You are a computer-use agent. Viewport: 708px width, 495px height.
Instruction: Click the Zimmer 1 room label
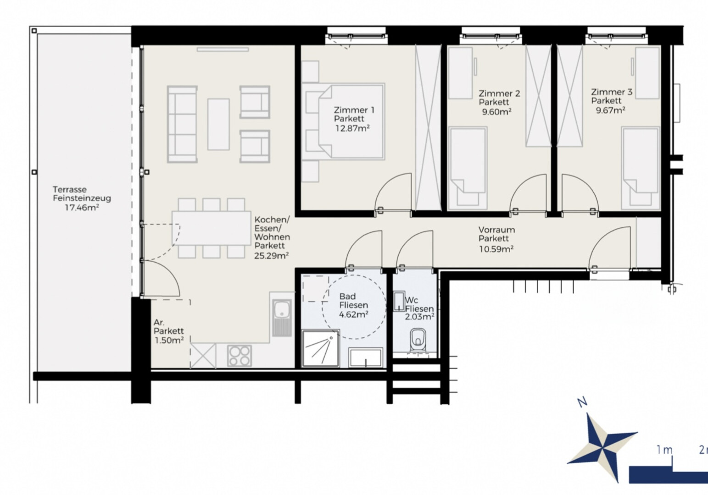[354, 110]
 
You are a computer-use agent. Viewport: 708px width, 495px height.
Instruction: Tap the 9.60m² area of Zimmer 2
[496, 112]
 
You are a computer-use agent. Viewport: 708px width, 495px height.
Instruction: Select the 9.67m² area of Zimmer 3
[610, 110]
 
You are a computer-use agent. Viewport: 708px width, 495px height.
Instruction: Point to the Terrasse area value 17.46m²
[82, 208]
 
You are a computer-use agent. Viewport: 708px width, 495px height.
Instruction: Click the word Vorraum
[496, 230]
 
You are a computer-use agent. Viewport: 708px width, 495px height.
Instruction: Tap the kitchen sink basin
[281, 309]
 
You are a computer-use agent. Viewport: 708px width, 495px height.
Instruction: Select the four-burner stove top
[240, 356]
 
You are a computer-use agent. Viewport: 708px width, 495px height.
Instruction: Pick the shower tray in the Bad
[320, 348]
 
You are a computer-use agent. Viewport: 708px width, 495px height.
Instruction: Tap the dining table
[212, 228]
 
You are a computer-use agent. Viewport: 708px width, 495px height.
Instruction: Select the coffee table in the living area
[218, 124]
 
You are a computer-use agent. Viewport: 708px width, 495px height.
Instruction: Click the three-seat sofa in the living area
[182, 124]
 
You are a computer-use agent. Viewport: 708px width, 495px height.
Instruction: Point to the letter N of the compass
[582, 402]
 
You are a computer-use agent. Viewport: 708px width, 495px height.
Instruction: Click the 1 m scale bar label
[665, 450]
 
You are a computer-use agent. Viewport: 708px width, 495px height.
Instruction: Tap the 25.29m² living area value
[272, 255]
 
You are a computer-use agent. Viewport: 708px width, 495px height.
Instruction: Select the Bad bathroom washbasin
[366, 357]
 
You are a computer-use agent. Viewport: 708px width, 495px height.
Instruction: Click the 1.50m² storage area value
[169, 340]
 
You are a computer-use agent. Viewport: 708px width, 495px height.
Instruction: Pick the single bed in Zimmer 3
[641, 168]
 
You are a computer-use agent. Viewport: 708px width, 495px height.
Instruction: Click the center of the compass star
[603, 448]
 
